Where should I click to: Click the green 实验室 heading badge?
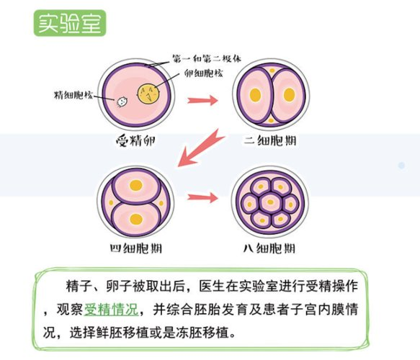click(70, 23)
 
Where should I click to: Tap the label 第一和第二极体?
click(207, 58)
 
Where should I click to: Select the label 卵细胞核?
click(203, 73)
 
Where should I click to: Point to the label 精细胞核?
click(73, 95)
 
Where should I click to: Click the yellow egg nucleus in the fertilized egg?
click(149, 94)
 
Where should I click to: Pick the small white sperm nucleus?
click(122, 102)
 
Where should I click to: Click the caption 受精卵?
click(136, 141)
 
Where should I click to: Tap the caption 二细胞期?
click(270, 141)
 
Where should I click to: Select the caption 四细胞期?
click(136, 248)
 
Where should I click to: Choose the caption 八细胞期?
click(269, 248)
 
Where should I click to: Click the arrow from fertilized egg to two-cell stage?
click(202, 100)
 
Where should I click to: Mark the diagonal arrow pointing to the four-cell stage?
click(200, 148)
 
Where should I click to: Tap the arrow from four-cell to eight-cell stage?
click(202, 198)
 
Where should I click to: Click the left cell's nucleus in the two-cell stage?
click(255, 95)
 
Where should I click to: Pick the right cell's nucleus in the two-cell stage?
click(290, 95)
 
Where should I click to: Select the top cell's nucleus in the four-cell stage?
click(136, 185)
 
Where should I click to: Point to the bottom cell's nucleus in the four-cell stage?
click(136, 219)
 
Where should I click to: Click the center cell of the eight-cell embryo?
click(270, 202)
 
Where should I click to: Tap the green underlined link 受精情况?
click(111, 310)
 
